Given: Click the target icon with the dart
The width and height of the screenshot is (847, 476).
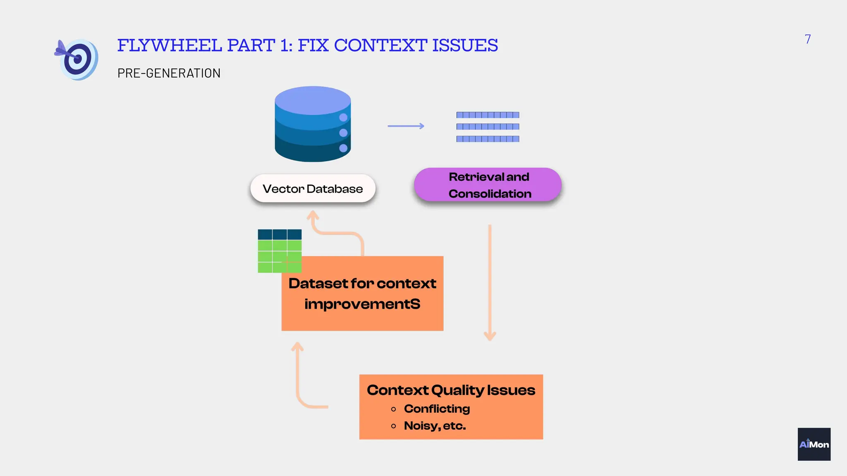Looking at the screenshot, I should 77,59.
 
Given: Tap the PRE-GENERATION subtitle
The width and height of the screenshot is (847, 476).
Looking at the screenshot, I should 169,73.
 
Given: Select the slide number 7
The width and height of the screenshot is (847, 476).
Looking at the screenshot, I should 807,39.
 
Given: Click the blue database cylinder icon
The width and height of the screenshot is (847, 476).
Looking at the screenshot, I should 313,124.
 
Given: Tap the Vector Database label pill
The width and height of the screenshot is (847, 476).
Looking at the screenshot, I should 313,189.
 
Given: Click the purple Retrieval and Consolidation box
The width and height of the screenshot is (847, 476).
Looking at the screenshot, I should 488,185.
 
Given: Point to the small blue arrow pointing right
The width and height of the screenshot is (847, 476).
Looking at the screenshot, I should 406,126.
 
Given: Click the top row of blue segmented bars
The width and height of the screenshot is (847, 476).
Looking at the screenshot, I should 488,115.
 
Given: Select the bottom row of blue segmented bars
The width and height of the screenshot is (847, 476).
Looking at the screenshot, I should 488,139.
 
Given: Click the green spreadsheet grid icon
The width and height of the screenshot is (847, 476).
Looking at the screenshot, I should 279,251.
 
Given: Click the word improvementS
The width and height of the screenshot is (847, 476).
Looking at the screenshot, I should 362,304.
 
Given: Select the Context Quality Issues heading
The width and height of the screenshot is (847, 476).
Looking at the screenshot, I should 451,390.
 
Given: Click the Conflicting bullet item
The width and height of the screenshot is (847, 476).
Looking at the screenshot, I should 437,409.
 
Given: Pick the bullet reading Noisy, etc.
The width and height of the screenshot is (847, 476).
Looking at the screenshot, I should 435,426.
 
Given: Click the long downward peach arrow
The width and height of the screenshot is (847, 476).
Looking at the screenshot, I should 490,281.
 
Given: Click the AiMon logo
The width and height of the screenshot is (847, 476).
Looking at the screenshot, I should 814,444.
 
